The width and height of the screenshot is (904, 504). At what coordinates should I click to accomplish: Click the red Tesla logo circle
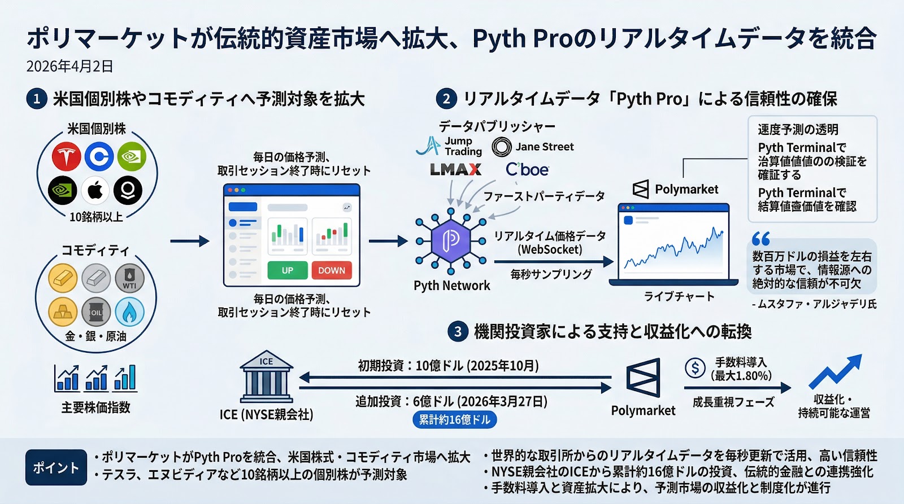pyautogui.click(x=66, y=156)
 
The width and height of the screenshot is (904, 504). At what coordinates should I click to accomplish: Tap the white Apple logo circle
pyautogui.click(x=95, y=190)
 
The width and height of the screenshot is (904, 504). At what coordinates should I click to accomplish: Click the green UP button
pyautogui.click(x=287, y=270)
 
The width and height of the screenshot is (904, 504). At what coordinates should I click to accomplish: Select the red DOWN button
pyautogui.click(x=331, y=270)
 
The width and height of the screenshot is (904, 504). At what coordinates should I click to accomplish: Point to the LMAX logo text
pyautogui.click(x=455, y=169)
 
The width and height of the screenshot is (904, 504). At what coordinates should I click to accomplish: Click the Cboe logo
pyautogui.click(x=527, y=169)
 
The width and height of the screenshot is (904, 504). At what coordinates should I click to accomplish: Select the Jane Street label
pyautogui.click(x=544, y=147)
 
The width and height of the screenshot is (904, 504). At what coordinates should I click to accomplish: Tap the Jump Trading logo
pyautogui.click(x=449, y=146)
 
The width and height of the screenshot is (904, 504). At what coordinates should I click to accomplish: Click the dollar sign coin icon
pyautogui.click(x=694, y=368)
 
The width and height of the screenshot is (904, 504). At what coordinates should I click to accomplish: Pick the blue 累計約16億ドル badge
pyautogui.click(x=455, y=419)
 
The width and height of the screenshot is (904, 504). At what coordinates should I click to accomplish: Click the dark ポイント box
pyautogui.click(x=56, y=467)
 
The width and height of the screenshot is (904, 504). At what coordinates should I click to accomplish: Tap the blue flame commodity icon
pyautogui.click(x=129, y=312)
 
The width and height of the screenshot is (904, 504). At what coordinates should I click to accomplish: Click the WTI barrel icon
pyautogui.click(x=129, y=278)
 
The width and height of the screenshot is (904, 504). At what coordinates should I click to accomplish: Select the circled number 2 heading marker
pyautogui.click(x=446, y=99)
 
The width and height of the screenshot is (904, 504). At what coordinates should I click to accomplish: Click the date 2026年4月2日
pyautogui.click(x=69, y=67)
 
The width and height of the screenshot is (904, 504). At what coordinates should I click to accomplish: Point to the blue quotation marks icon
pyautogui.click(x=760, y=239)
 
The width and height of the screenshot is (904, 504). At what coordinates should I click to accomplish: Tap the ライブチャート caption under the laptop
pyautogui.click(x=679, y=296)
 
